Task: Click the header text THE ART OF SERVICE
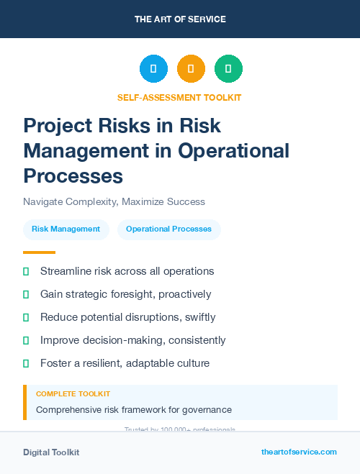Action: coord(180,19)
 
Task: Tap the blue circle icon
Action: coord(153,69)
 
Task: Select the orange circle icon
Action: coord(191,69)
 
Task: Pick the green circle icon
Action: coord(228,69)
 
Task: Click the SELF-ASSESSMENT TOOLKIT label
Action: coord(179,97)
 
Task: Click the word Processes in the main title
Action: coord(73,176)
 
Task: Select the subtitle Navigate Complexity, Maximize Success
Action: coord(114,201)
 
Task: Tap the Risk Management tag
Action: coord(66,229)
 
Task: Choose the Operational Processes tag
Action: coord(168,229)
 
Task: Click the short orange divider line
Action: coord(39,252)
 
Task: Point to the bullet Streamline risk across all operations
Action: coord(127,271)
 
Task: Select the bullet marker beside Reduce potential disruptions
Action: coord(26,317)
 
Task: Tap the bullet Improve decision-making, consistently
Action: coord(132,340)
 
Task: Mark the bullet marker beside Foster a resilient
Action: coord(26,363)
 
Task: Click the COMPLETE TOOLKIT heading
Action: coord(73,394)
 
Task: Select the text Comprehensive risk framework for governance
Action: coord(133,410)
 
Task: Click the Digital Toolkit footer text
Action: coord(51,452)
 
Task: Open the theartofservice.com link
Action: coord(299,452)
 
